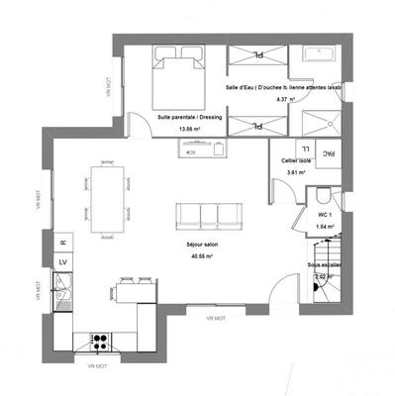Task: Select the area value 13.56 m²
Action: tap(188, 129)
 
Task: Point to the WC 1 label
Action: tap(325, 214)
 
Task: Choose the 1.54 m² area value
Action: tap(324, 226)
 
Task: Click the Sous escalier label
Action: tap(324, 265)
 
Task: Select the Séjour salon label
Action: tap(201, 244)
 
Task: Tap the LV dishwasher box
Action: tap(62, 261)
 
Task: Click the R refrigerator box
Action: tap(62, 242)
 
